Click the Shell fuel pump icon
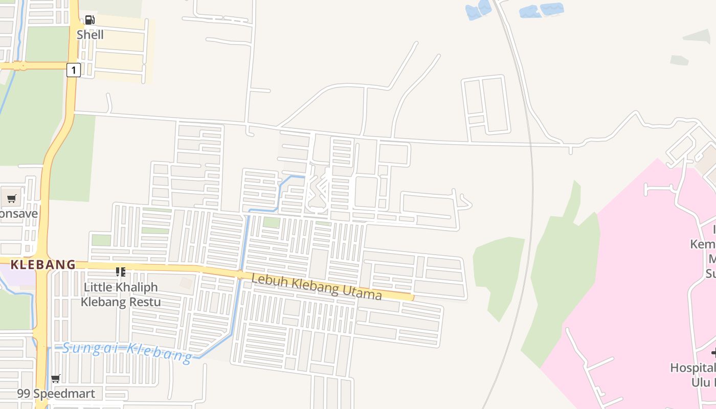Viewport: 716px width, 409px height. [x=89, y=20]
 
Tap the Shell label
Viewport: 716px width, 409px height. [x=90, y=35]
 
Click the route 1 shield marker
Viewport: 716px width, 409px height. [x=74, y=70]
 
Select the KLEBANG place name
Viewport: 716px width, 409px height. [x=43, y=265]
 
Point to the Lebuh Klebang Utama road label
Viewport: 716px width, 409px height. [x=317, y=287]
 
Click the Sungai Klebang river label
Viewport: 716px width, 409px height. [x=127, y=351]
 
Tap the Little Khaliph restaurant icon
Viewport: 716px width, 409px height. [x=120, y=271]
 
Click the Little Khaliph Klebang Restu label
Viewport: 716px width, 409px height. [x=121, y=294]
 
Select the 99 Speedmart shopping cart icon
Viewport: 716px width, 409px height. [x=56, y=379]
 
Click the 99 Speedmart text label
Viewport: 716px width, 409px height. [x=56, y=394]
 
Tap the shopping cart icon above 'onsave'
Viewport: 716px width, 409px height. [x=11, y=198]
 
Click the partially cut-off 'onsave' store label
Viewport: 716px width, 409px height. [x=19, y=213]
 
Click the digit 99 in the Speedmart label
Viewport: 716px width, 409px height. [x=24, y=394]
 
